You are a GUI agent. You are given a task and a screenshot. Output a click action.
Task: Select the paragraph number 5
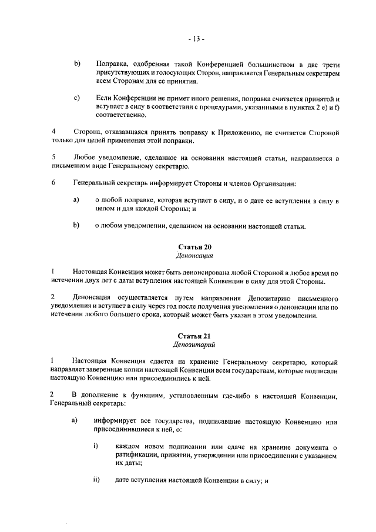54,158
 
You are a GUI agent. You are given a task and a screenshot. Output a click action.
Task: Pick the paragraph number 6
54,183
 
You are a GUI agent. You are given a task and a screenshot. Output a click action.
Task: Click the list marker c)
77,98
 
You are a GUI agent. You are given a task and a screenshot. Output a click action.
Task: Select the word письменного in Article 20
319,297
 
